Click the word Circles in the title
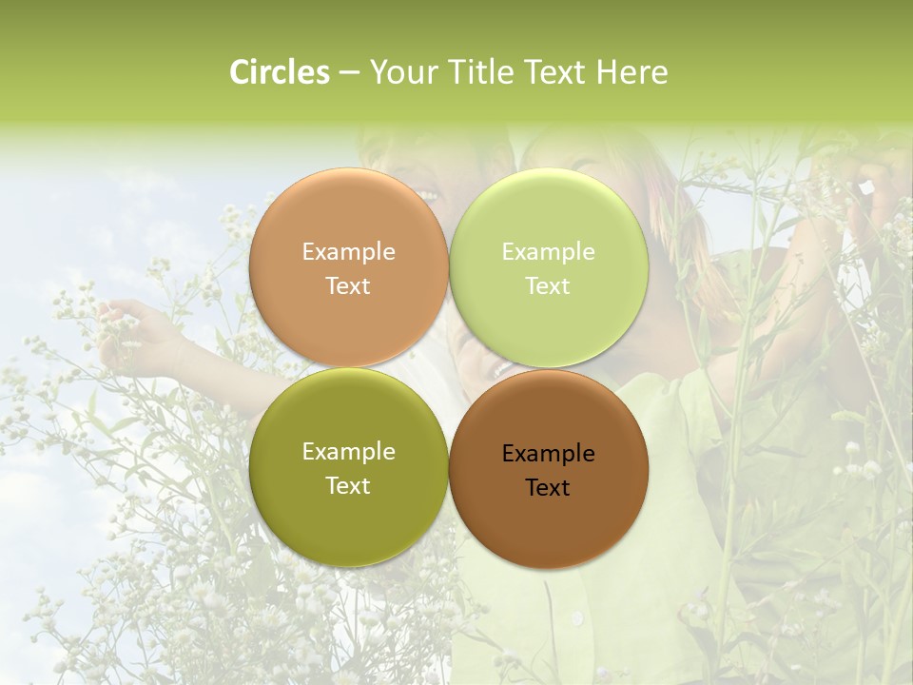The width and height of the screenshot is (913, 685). pos(279,72)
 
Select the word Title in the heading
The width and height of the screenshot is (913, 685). pos(476,72)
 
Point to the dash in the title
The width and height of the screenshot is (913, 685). pos(349,73)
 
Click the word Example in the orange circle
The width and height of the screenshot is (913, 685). pos(348,252)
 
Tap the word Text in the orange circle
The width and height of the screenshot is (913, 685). pos(348,286)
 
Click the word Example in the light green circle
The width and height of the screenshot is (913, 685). pos(549,252)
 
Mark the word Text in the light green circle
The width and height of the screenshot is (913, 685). pos(549,286)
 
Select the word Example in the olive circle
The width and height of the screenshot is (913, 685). pos(348,452)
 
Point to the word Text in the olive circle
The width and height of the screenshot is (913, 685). pos(348,486)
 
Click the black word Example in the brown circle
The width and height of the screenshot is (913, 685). pos(549,454)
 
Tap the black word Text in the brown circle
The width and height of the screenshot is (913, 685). pos(549,488)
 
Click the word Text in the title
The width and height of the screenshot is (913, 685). pos(554,72)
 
